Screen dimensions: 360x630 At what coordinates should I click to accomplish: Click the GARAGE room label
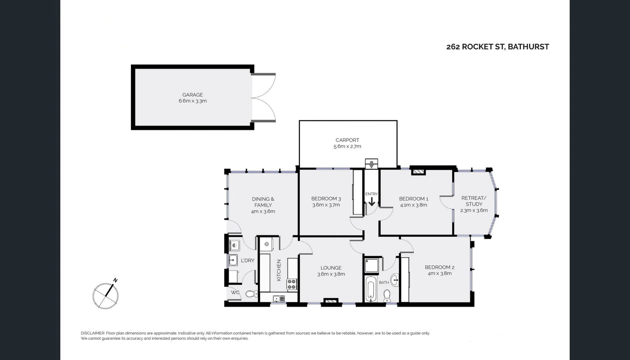click(x=192, y=95)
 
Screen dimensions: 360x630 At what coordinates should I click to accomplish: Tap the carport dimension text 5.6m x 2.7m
click(x=347, y=146)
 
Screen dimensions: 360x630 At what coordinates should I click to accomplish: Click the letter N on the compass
click(x=115, y=280)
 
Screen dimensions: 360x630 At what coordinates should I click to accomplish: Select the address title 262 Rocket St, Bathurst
click(x=497, y=47)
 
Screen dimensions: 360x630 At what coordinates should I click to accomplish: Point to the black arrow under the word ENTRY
click(x=372, y=202)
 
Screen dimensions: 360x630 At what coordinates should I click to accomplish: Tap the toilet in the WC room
click(x=252, y=294)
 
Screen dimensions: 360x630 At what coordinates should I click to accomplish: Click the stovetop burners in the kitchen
click(x=292, y=284)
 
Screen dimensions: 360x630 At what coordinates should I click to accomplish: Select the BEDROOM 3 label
click(x=326, y=199)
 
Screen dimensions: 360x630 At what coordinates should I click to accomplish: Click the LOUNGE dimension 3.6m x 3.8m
click(x=331, y=274)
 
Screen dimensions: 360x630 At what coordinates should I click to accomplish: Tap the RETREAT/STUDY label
click(x=474, y=201)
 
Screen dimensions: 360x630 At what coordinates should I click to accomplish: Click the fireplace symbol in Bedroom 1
click(x=418, y=172)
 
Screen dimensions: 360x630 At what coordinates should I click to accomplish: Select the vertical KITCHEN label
click(x=279, y=270)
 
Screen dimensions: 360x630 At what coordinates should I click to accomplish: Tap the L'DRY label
click(x=247, y=260)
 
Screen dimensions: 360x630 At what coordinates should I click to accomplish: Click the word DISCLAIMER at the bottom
click(x=93, y=333)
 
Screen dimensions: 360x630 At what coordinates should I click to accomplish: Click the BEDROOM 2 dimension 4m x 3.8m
click(x=439, y=273)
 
